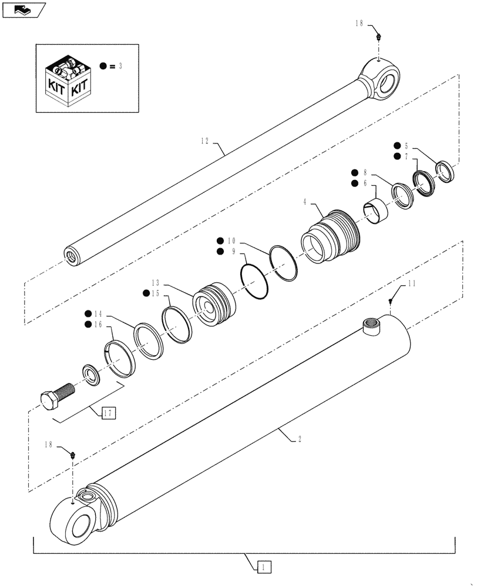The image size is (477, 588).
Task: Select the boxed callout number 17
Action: point(108,412)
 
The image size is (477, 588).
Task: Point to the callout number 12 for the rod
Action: point(204,141)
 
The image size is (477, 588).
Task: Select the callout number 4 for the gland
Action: point(305,202)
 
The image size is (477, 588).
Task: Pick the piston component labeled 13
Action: point(214,305)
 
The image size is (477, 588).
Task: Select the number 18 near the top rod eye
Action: point(359,24)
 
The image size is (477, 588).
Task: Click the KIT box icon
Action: point(70,83)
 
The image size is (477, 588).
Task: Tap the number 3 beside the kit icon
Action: point(120,66)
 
